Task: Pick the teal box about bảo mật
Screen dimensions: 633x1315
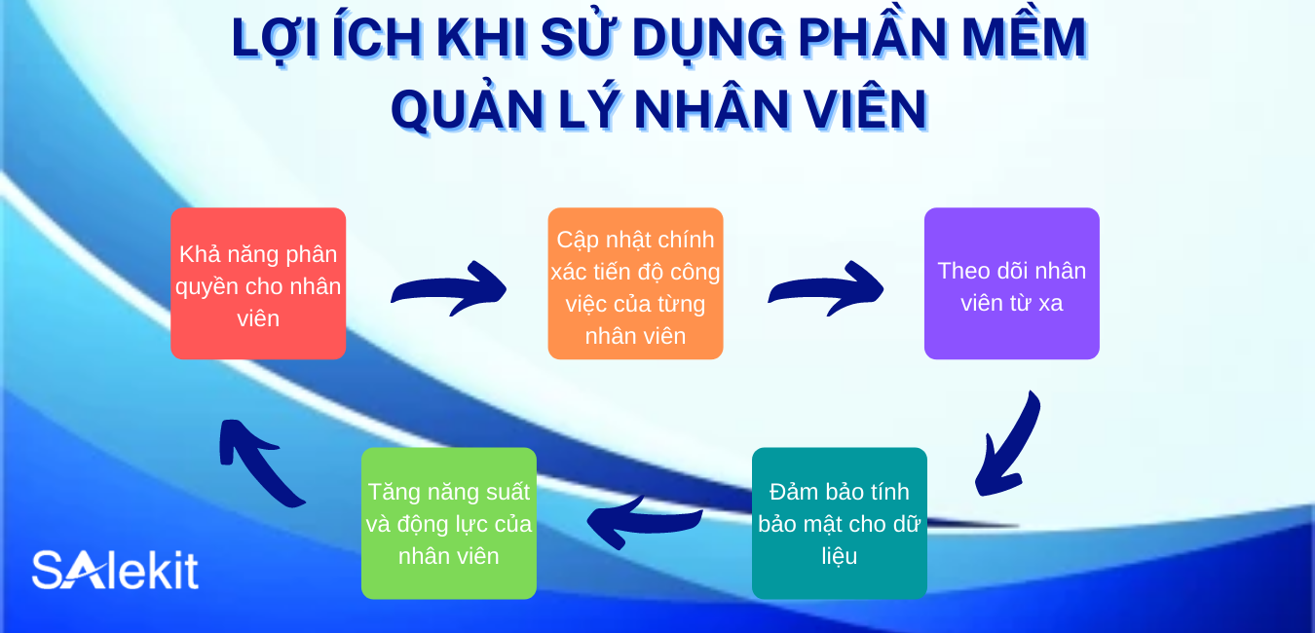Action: tap(839, 524)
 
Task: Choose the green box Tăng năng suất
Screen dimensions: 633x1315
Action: tap(448, 524)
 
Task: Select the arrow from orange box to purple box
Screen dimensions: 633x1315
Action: tap(826, 288)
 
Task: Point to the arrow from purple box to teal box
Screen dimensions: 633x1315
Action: tap(1007, 444)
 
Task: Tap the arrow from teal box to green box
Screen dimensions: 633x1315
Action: tap(643, 521)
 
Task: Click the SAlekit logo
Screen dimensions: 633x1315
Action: tap(115, 571)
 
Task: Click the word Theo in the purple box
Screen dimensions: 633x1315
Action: tap(963, 271)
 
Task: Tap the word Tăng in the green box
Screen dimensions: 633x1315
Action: tap(391, 492)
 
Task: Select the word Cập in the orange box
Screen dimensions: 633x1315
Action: tap(577, 240)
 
